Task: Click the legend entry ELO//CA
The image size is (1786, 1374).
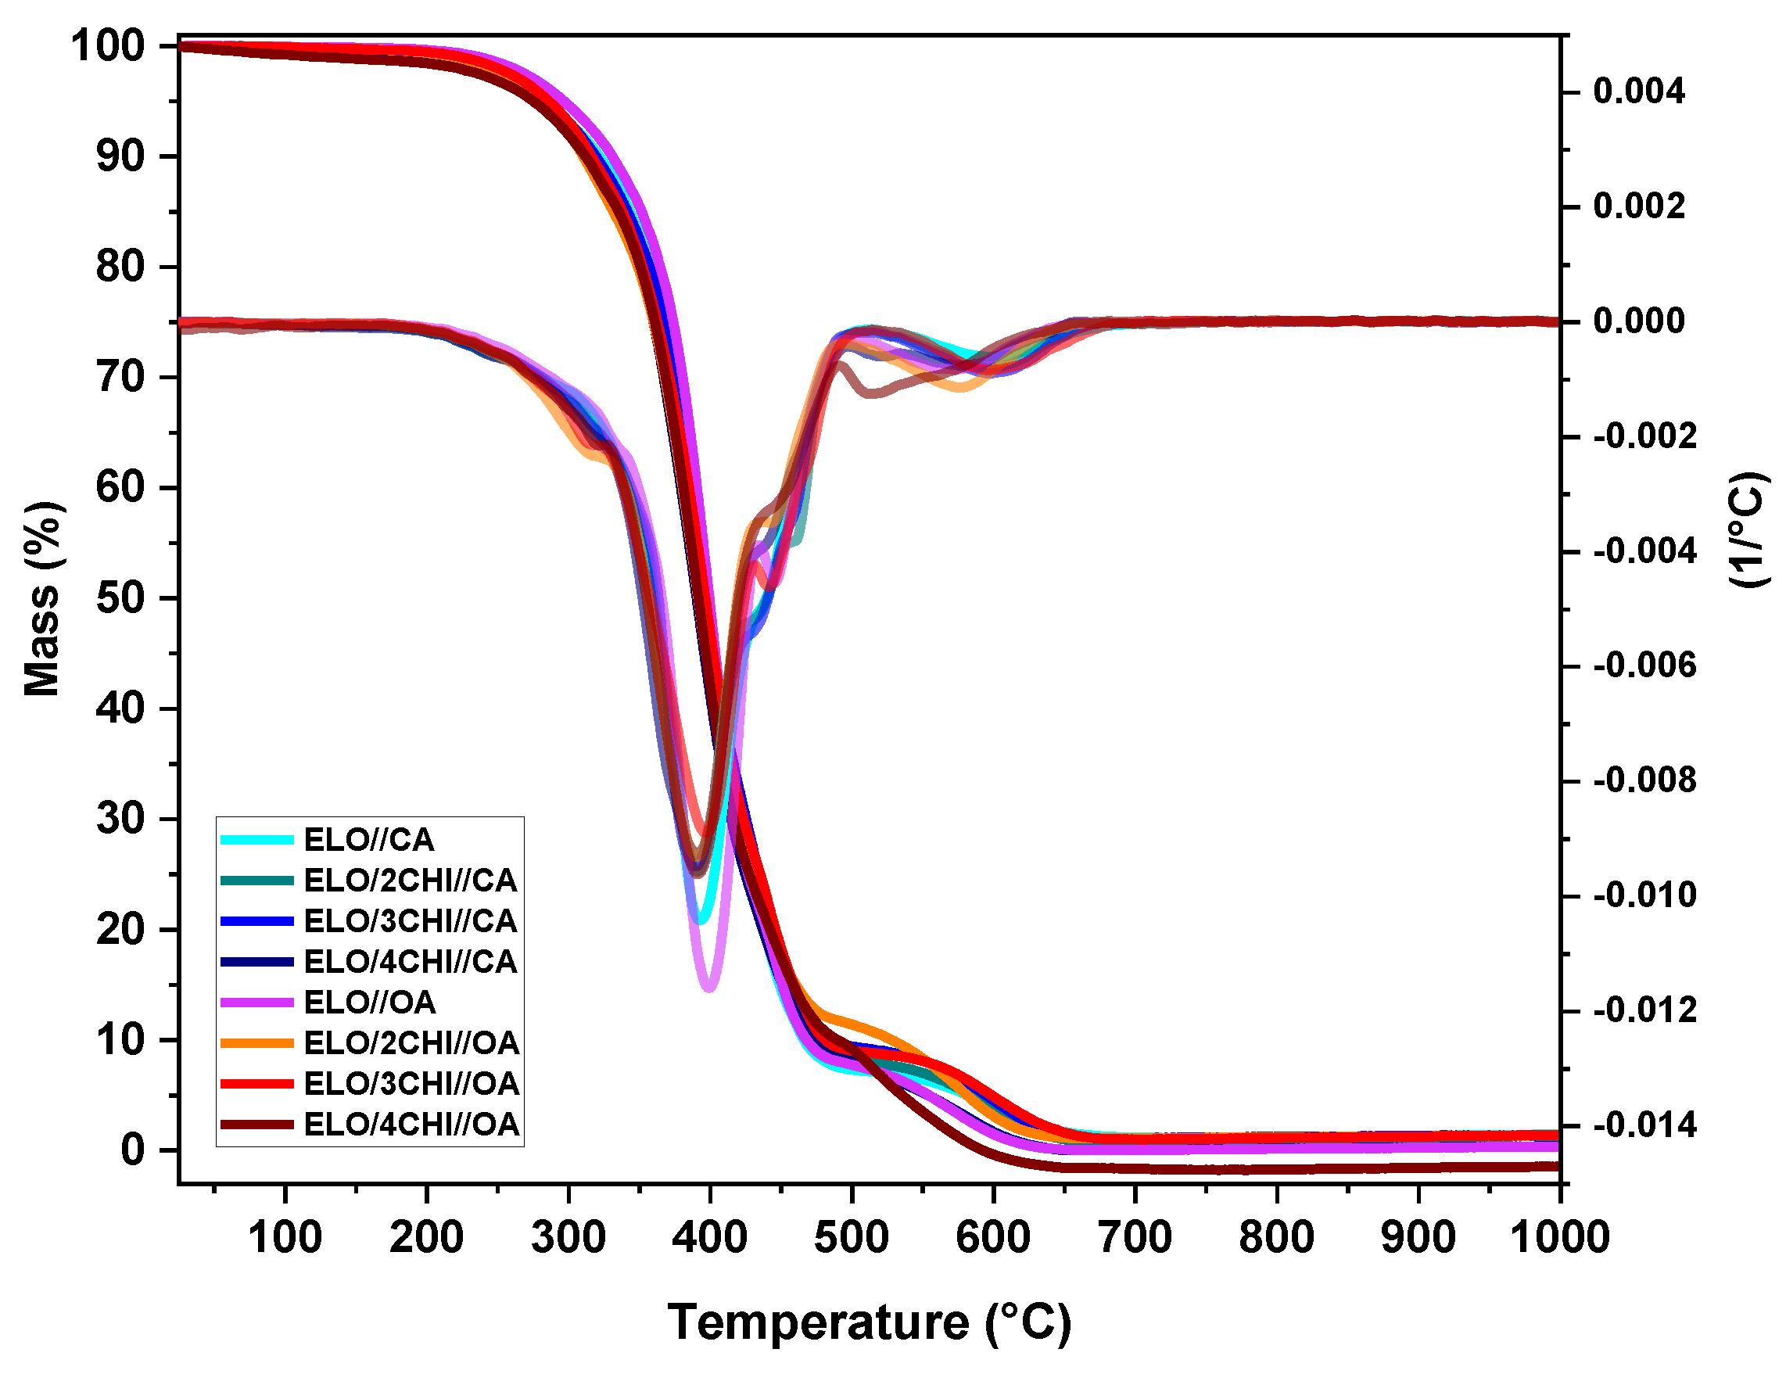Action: [369, 840]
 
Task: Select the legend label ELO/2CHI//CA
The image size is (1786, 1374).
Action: [411, 881]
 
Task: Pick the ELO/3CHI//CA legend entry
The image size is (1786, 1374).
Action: [411, 922]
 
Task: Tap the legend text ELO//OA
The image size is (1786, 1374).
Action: [370, 1003]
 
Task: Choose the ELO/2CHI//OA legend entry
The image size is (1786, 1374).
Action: [411, 1043]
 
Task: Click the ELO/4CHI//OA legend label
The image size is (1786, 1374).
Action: [411, 1125]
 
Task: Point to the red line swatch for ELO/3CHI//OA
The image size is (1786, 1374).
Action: [256, 1085]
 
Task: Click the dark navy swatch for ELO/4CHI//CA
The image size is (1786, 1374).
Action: [256, 962]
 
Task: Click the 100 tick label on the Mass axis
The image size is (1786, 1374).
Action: [108, 47]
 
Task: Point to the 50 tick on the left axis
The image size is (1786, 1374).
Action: [121, 599]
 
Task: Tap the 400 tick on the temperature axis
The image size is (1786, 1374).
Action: [710, 1237]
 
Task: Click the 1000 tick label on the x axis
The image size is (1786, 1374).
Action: [1559, 1237]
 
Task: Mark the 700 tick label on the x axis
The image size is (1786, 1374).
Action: [1135, 1237]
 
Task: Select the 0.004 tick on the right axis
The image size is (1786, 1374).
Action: [1639, 91]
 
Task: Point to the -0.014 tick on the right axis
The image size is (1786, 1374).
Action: [1644, 1127]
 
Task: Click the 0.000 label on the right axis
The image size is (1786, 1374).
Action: [1639, 321]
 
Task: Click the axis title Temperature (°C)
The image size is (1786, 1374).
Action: [870, 1323]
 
